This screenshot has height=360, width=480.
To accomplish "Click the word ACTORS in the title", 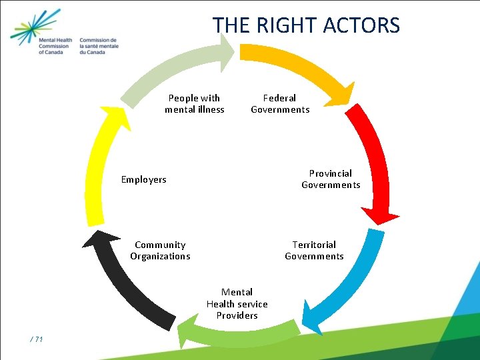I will pyautogui.click(x=361, y=25).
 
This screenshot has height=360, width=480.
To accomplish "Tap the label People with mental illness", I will pyautogui.click(x=195, y=104).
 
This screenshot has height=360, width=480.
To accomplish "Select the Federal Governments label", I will pyautogui.click(x=280, y=104).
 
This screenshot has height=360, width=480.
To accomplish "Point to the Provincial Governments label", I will pyautogui.click(x=331, y=179).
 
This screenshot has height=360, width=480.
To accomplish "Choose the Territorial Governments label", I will pyautogui.click(x=314, y=251).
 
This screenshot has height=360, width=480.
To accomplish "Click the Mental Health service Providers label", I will pyautogui.click(x=237, y=303).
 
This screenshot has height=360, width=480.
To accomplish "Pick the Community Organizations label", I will pyautogui.click(x=160, y=251).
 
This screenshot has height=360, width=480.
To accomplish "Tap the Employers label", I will pyautogui.click(x=143, y=179).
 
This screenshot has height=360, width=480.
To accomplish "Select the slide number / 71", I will pyautogui.click(x=37, y=340).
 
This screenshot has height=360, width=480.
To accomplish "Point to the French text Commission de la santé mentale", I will pyautogui.click(x=98, y=46).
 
